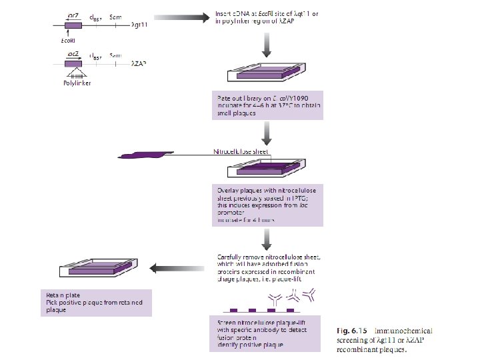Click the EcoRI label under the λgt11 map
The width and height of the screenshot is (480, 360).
(67, 40)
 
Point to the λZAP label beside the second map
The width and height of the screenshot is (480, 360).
(139, 64)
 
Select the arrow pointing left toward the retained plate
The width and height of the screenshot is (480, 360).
(173, 269)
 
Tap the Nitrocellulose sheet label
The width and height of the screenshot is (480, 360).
(241, 153)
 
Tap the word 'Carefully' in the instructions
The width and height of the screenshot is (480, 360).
(231, 257)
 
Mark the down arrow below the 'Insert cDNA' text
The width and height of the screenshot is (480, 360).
(267, 45)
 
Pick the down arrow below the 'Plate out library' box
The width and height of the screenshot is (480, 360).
(267, 133)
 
